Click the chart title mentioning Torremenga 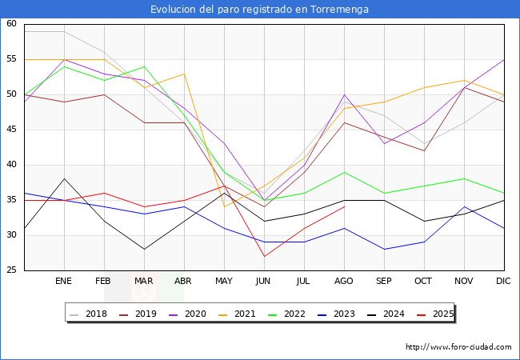coord(260,10)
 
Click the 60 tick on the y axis coord(12,24)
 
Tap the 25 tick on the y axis coord(12,270)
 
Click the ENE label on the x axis coord(64,282)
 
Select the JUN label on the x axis coord(264,282)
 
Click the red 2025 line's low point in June coord(264,256)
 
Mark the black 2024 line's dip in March coord(144,250)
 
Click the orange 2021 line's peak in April coord(184,74)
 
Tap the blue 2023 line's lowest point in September coord(384,250)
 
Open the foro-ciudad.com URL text coord(458,347)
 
